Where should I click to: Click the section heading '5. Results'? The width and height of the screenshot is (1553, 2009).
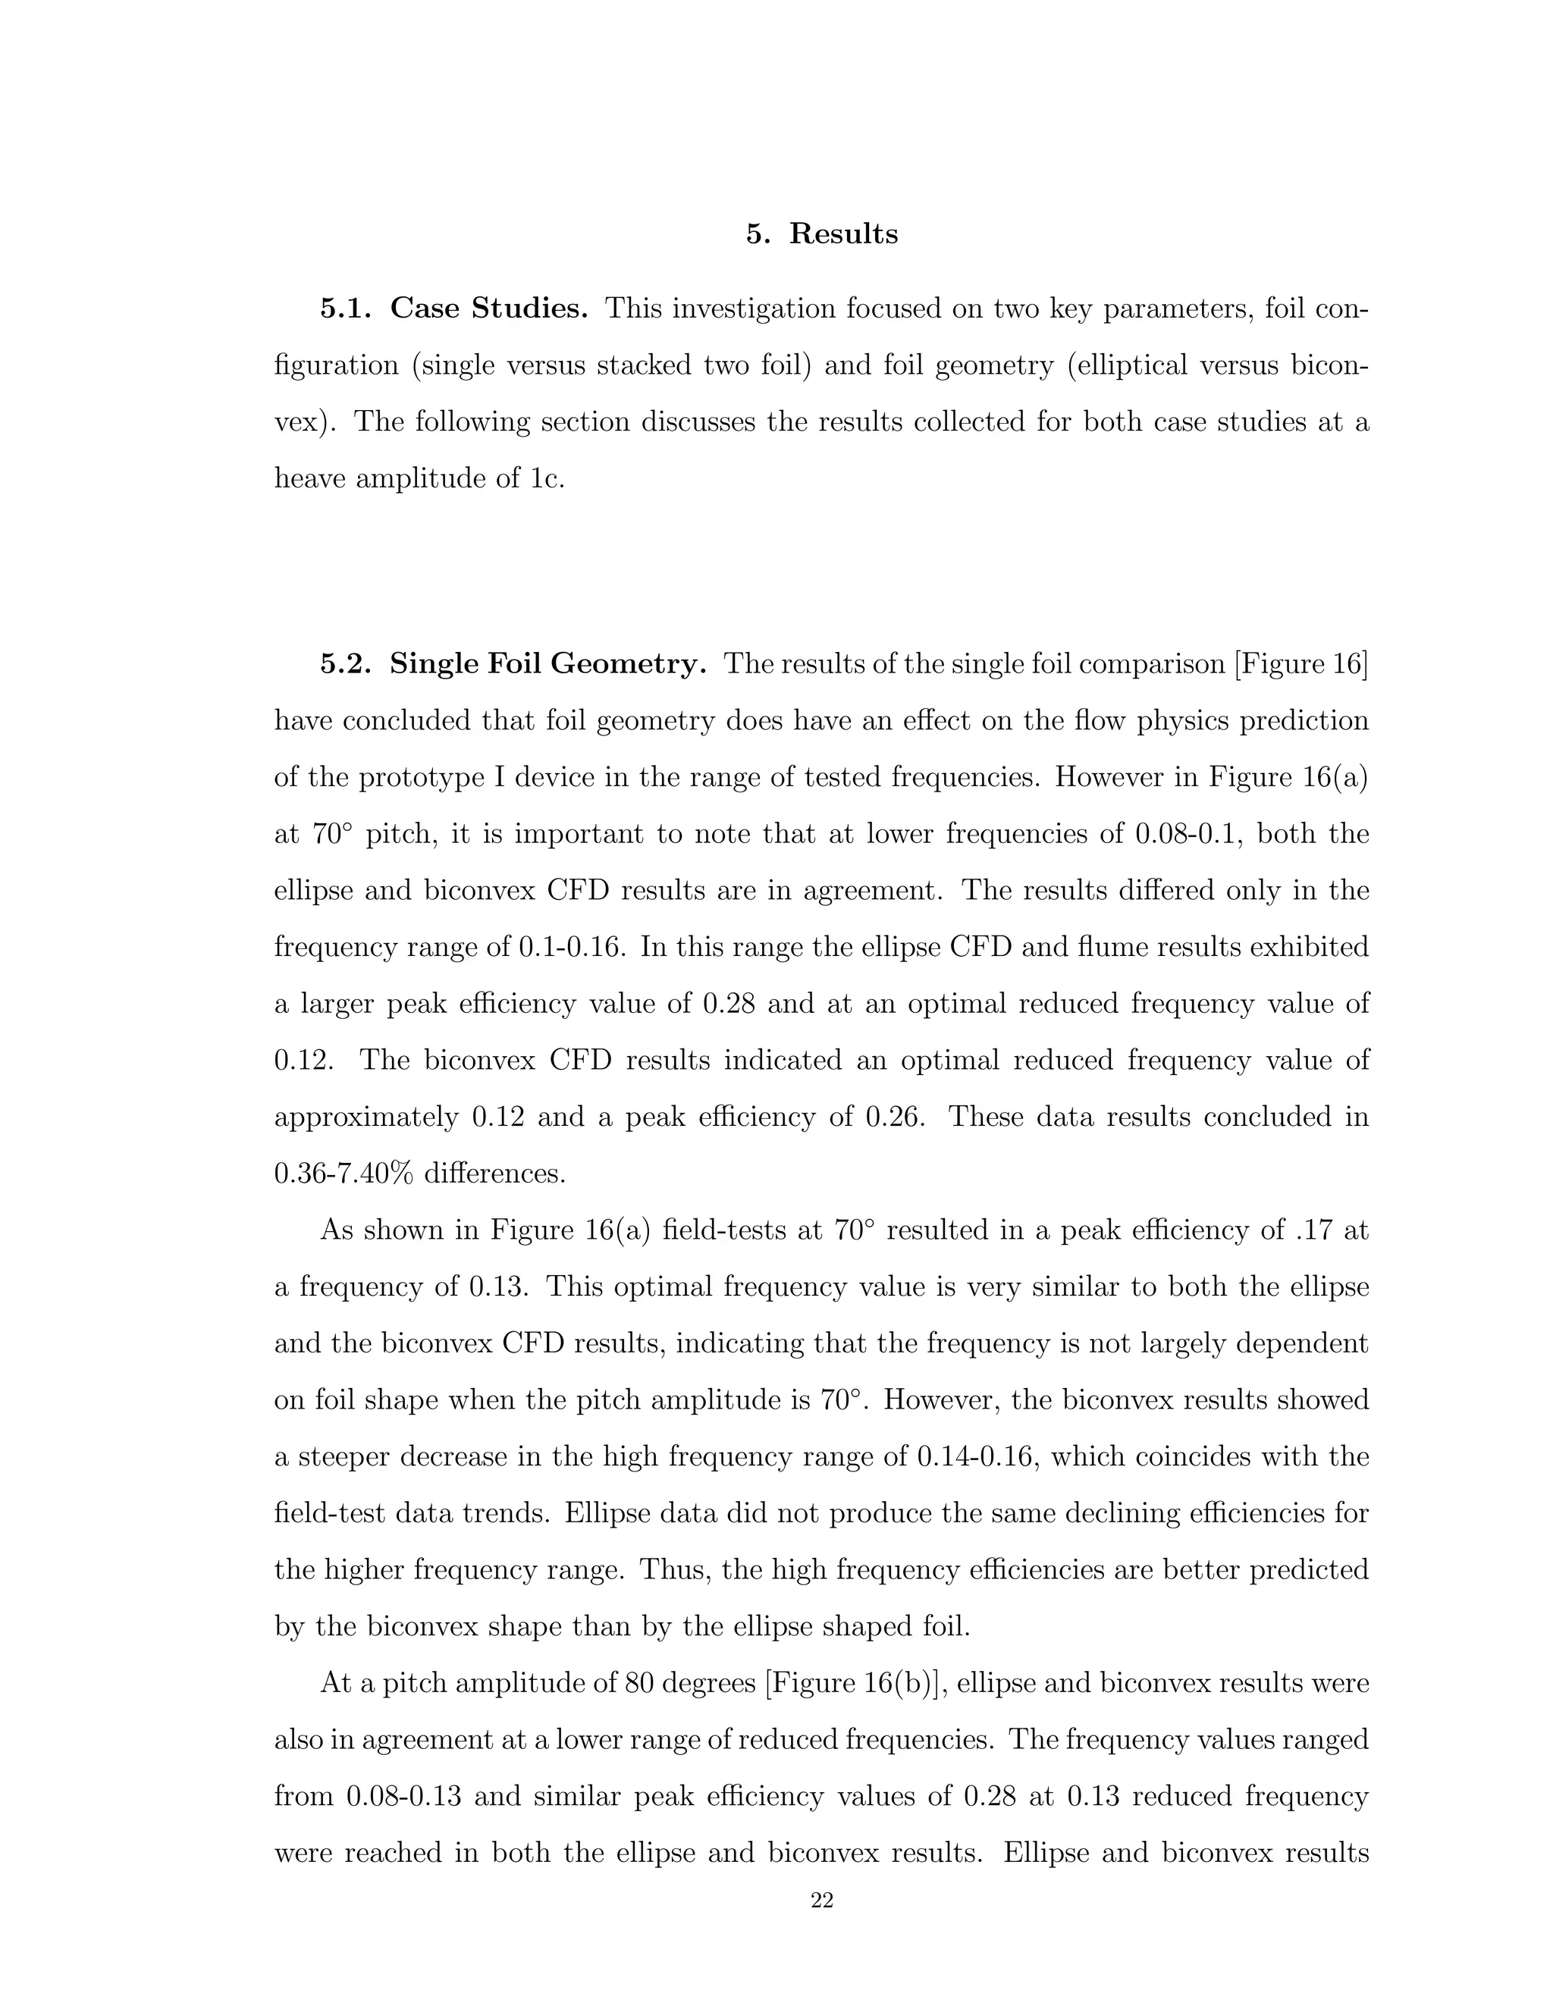click(x=821, y=233)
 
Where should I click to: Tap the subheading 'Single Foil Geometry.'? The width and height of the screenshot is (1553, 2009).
click(x=547, y=663)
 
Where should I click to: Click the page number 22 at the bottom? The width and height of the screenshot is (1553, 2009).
click(x=821, y=1901)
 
